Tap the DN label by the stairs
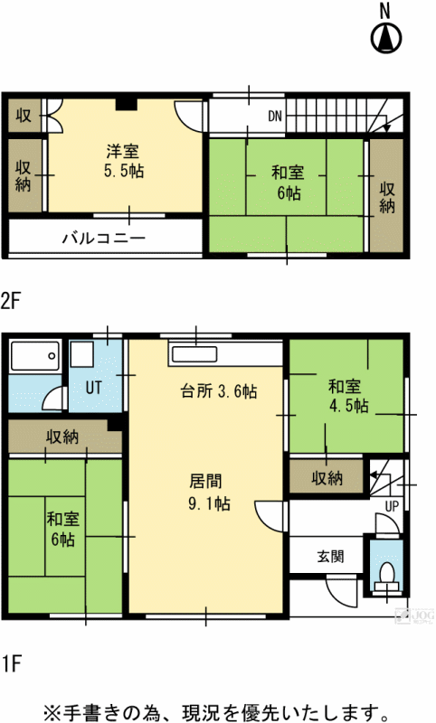coord(275,116)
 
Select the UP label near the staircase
coord(392,506)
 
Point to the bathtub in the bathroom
coord(35,356)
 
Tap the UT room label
coord(94,388)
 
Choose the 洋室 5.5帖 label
coord(124,162)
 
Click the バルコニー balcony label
coord(104,238)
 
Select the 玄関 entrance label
coord(331,557)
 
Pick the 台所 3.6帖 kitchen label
coord(219,391)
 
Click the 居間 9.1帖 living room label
coord(209,493)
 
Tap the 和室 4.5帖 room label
coord(348,396)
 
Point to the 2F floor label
coord(11,302)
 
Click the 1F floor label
coord(11,664)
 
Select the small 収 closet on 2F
coord(24,115)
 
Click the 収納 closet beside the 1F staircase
coord(327,478)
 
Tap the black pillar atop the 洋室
coord(126,104)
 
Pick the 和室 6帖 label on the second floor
coord(288,183)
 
